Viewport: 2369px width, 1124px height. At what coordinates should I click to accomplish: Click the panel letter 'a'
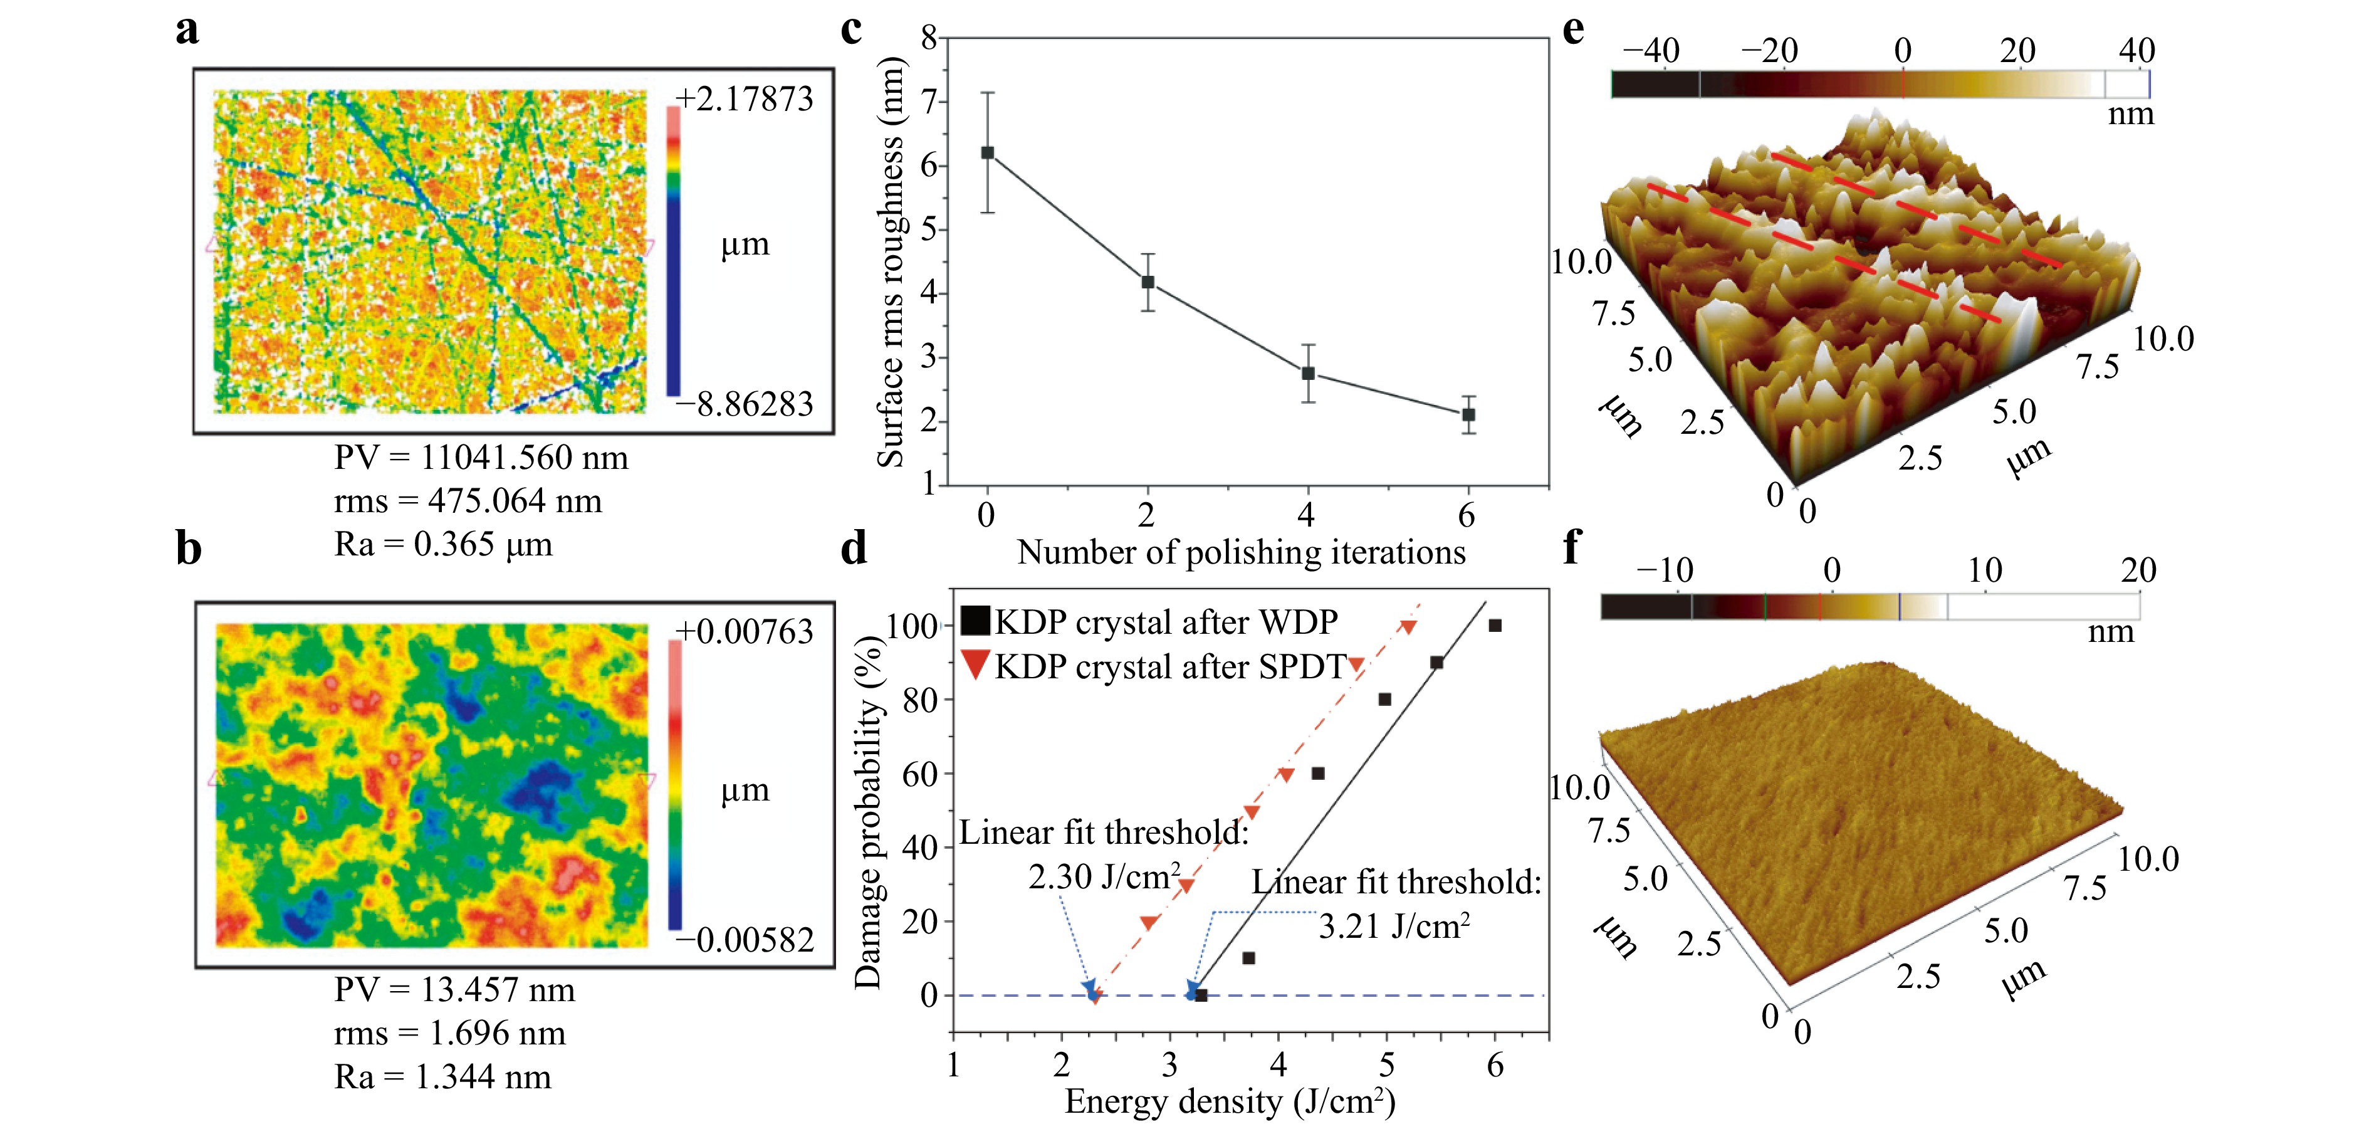[187, 29]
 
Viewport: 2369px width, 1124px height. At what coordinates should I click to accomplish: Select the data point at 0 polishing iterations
[987, 153]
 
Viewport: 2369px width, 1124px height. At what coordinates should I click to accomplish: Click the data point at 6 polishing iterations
[1468, 415]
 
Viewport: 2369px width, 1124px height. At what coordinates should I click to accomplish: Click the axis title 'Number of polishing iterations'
[1241, 552]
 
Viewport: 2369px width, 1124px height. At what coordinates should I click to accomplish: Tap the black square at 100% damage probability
[1495, 626]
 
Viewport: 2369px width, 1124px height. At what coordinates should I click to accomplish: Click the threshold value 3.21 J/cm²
[1393, 925]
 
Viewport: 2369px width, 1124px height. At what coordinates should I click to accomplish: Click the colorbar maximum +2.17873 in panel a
[745, 98]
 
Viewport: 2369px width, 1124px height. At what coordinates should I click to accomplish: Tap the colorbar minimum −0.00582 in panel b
[745, 939]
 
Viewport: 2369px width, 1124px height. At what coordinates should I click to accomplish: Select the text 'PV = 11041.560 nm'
[481, 457]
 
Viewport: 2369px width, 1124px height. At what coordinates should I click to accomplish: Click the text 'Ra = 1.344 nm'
[442, 1076]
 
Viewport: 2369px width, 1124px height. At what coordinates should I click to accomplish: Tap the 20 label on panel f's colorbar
[2138, 570]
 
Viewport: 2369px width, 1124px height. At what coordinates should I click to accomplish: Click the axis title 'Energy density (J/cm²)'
[1230, 1101]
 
